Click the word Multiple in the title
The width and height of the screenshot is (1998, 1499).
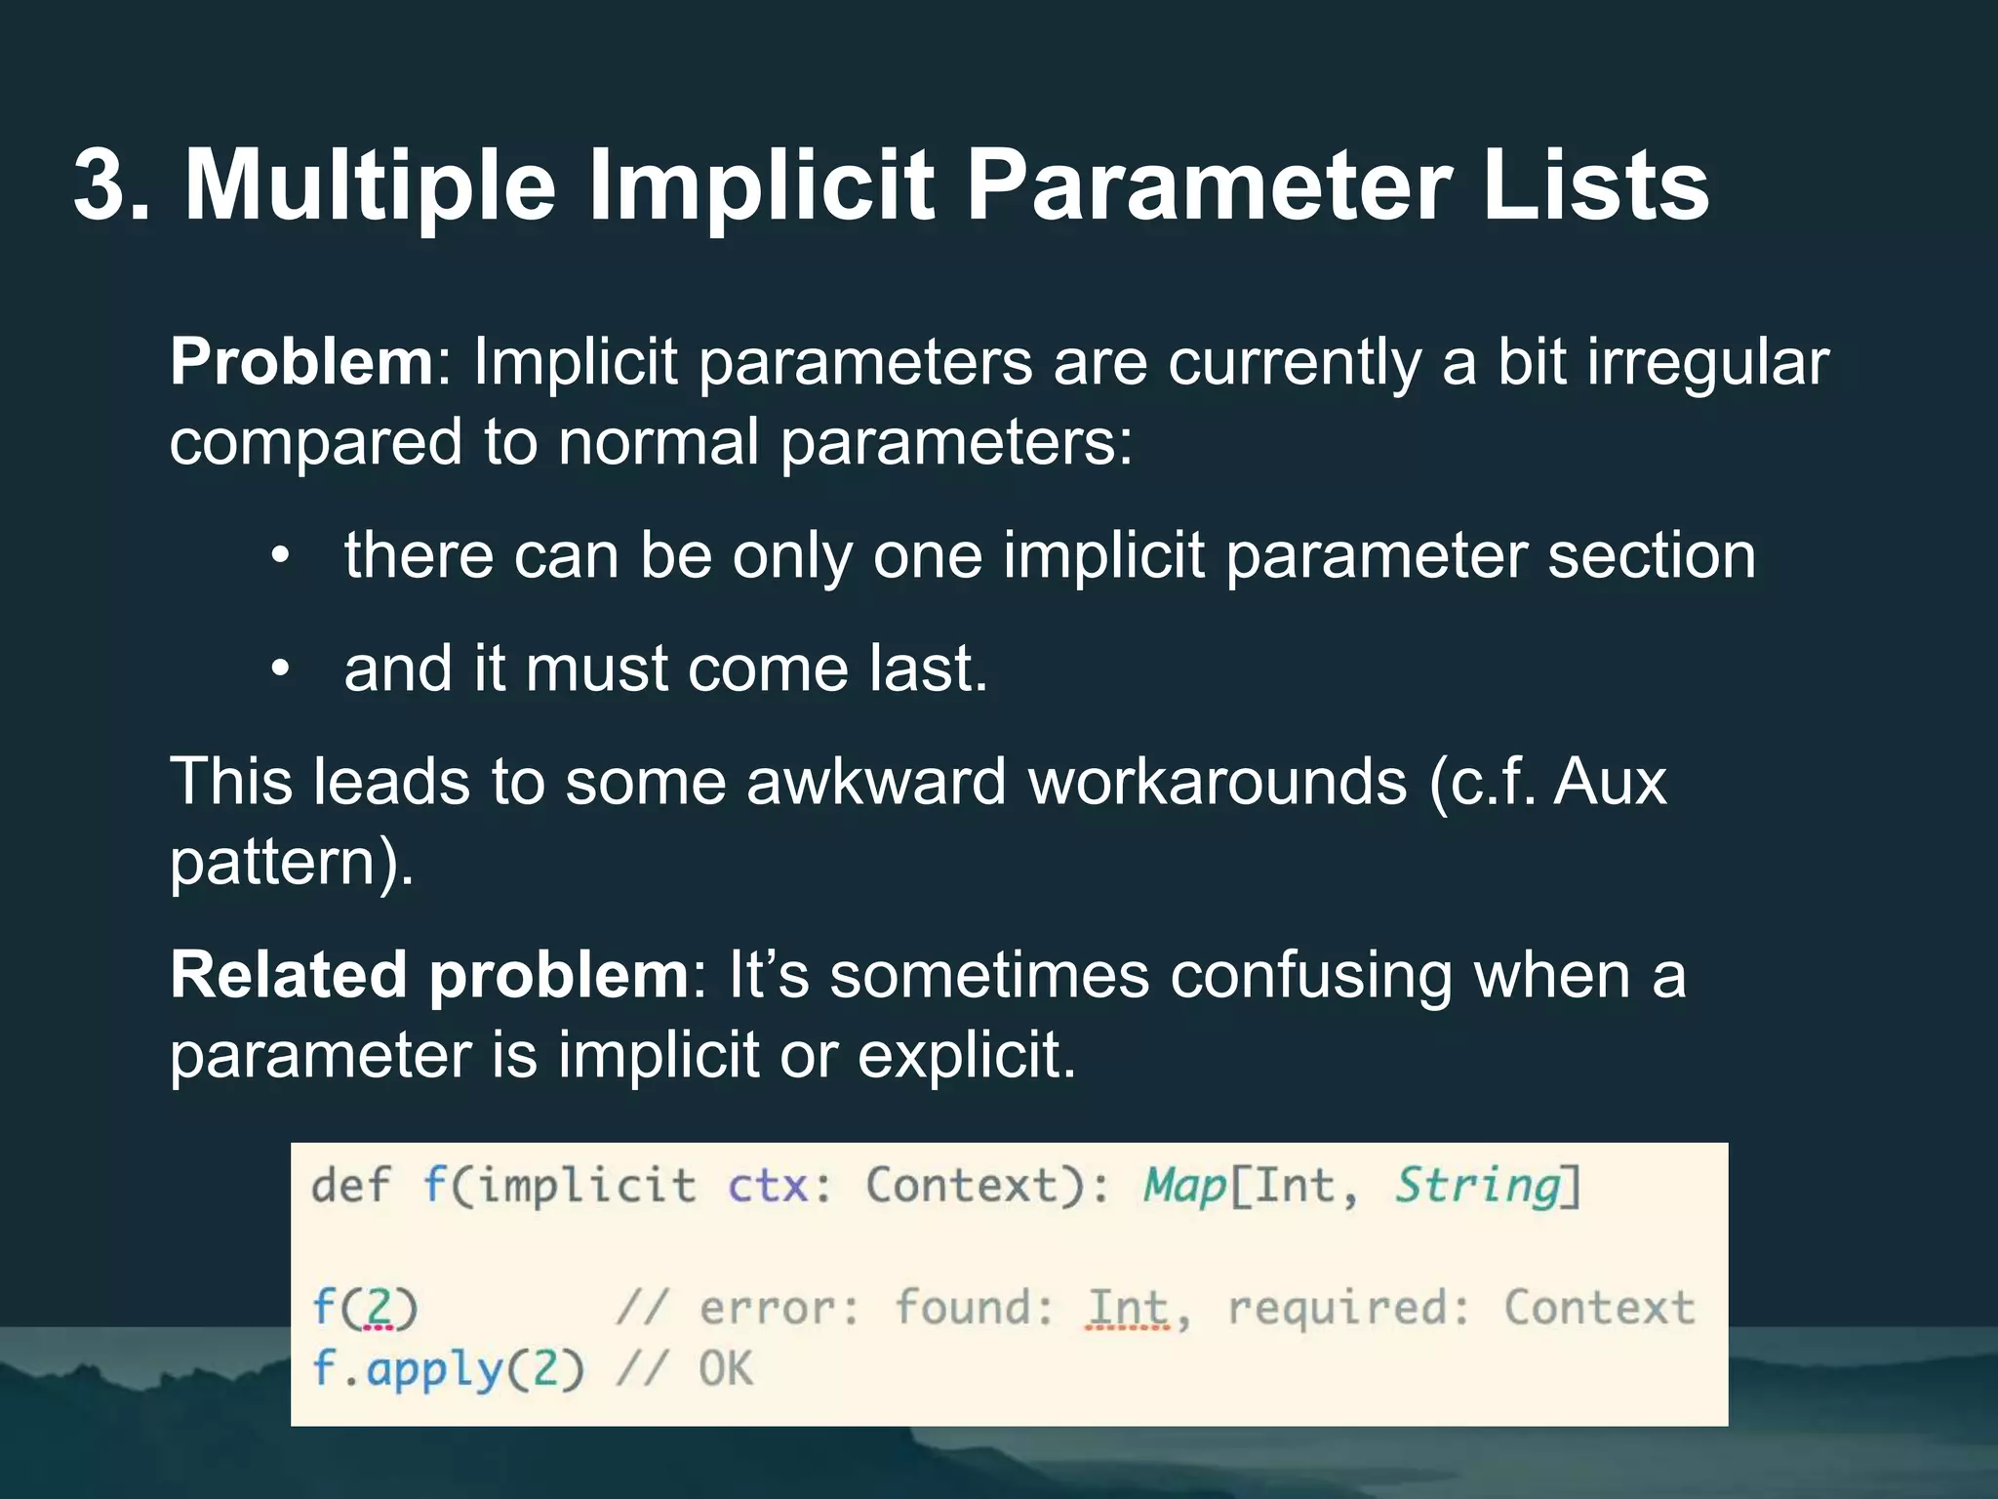(x=371, y=185)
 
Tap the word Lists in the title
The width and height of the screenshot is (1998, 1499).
(x=1595, y=185)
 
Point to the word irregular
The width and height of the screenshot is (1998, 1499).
(x=1707, y=363)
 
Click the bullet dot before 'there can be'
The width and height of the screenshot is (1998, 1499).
(x=281, y=556)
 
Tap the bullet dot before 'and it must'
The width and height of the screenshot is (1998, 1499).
(x=281, y=669)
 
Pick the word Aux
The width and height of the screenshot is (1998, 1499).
(x=1610, y=783)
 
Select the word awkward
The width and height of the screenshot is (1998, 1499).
(x=876, y=783)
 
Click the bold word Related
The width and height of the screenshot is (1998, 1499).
(x=289, y=976)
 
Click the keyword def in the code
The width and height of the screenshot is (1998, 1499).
(x=349, y=1186)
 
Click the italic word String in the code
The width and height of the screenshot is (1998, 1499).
(x=1477, y=1187)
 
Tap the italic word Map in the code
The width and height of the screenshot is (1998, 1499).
(x=1184, y=1187)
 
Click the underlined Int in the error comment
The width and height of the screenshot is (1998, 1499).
(x=1128, y=1308)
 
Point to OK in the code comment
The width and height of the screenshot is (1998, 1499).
(x=726, y=1369)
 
